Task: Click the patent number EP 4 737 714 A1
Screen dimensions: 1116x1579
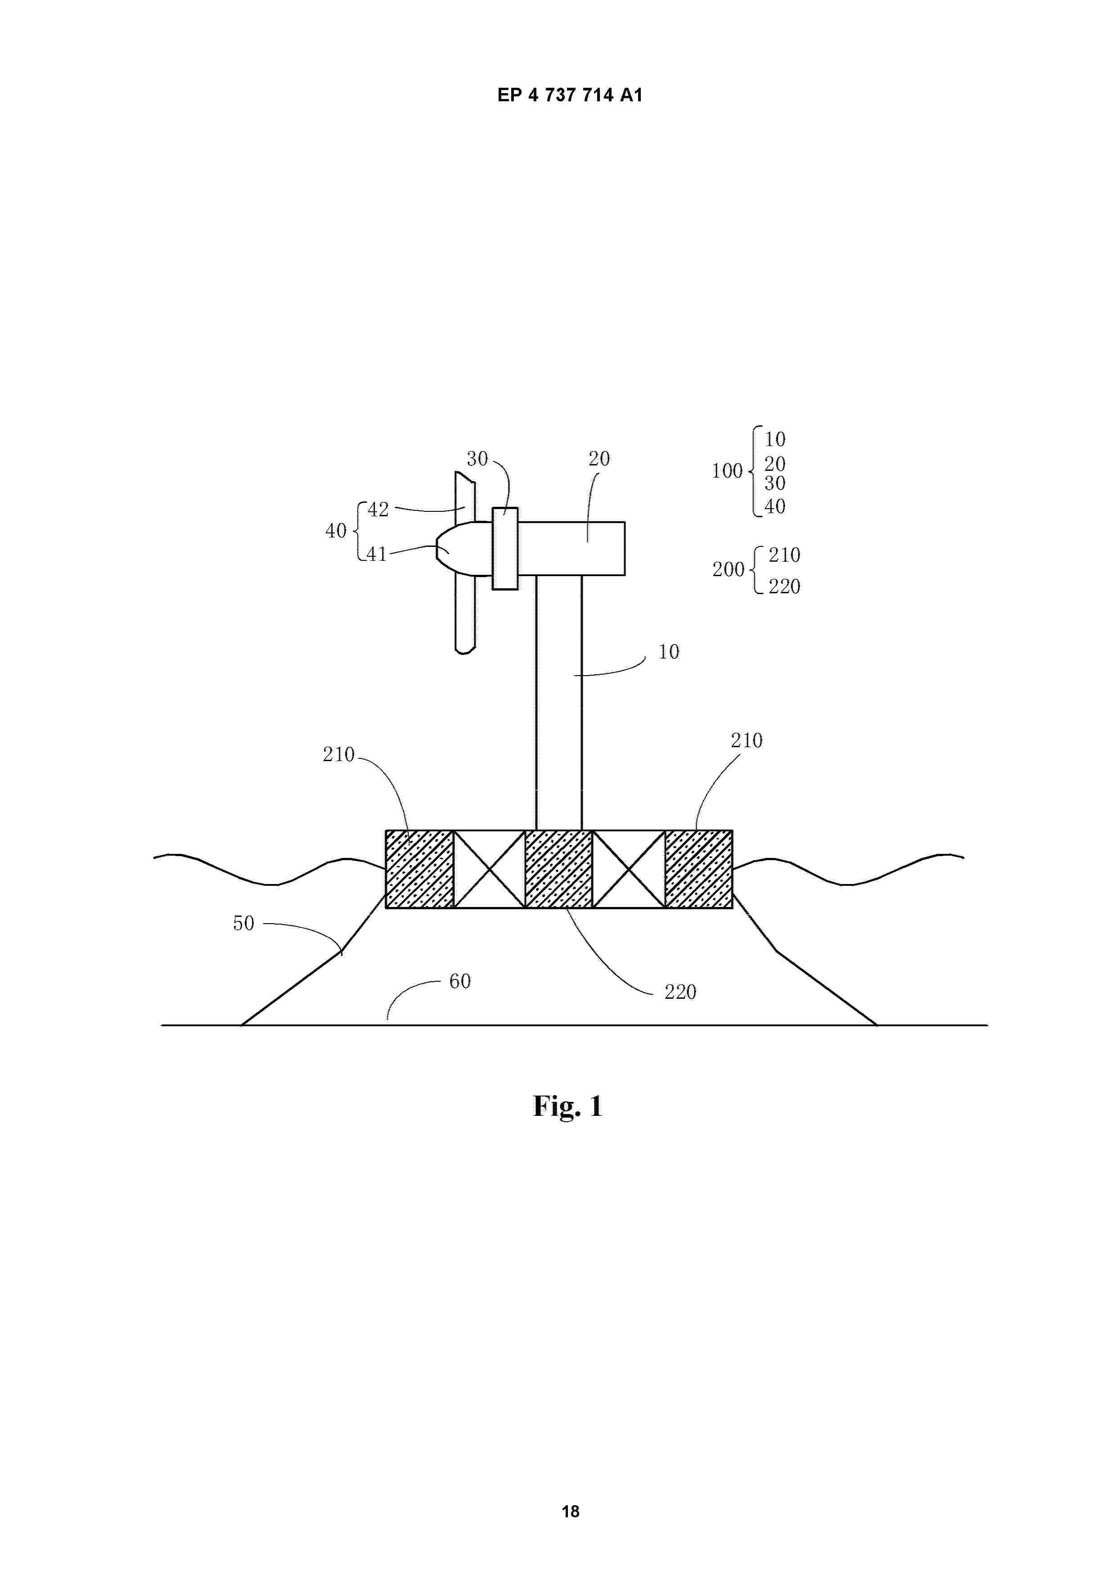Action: point(570,95)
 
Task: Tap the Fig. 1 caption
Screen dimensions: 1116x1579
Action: point(567,1106)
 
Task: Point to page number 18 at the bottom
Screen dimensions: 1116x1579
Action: point(571,1511)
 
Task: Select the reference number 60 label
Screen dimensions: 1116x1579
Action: point(460,981)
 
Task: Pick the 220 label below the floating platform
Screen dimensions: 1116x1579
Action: point(680,992)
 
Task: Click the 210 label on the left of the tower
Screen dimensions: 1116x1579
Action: point(338,754)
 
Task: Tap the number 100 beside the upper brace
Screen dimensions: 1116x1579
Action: point(727,471)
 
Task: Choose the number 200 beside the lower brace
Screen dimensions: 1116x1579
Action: point(728,569)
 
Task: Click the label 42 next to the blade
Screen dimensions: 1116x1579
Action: point(378,510)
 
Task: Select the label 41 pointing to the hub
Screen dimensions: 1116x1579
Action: point(377,554)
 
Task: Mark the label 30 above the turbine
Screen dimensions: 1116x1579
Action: point(477,459)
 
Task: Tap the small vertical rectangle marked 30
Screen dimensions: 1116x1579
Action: point(505,548)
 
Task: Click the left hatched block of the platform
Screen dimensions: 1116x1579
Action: point(419,869)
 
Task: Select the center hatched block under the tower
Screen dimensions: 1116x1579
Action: point(558,869)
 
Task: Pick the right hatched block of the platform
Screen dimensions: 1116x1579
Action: point(698,869)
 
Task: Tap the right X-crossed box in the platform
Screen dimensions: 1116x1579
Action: point(629,869)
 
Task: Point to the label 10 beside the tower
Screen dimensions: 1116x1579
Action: point(668,652)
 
